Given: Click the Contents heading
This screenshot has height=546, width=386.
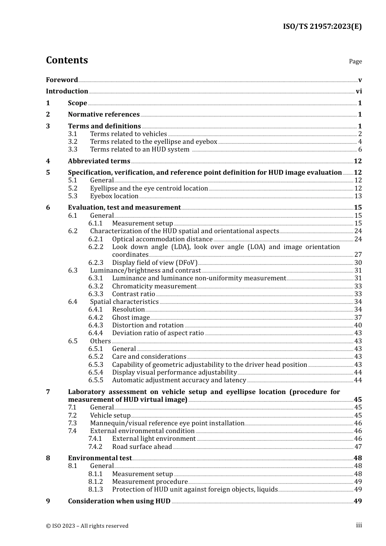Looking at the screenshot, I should (x=67, y=60).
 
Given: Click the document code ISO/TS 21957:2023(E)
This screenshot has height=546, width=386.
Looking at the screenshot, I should (x=322, y=26).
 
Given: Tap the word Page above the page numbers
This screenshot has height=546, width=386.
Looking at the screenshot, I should (x=355, y=61).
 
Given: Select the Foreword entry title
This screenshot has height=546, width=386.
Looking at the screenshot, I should (x=62, y=80).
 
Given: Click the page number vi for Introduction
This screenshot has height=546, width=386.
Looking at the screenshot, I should (x=359, y=91).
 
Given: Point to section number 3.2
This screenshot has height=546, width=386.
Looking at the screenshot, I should (x=73, y=142).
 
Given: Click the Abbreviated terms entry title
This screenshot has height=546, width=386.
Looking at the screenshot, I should (x=99, y=161).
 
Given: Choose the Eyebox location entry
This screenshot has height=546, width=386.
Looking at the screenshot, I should (x=114, y=196).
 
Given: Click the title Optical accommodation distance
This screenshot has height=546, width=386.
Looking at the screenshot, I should (x=162, y=239).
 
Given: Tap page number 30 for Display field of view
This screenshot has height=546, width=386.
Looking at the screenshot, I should (x=358, y=263).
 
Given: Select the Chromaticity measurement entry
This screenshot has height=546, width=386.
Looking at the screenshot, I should (x=154, y=286).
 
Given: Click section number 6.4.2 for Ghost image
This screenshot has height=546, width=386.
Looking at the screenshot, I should (x=95, y=318).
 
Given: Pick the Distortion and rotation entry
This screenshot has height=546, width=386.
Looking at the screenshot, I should (x=147, y=325).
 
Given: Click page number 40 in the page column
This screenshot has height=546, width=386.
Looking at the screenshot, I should (x=358, y=325).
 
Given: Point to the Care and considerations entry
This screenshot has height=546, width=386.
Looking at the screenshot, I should (x=149, y=357).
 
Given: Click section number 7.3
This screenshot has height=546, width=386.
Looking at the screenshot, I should (x=72, y=423).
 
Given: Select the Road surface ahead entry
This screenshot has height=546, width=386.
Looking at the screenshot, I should (x=142, y=447).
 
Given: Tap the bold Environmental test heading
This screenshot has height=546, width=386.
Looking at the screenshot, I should (x=100, y=458).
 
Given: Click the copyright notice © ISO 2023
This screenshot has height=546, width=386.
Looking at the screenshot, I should (x=87, y=526).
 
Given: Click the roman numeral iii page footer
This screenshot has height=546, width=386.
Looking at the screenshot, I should (x=359, y=525).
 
